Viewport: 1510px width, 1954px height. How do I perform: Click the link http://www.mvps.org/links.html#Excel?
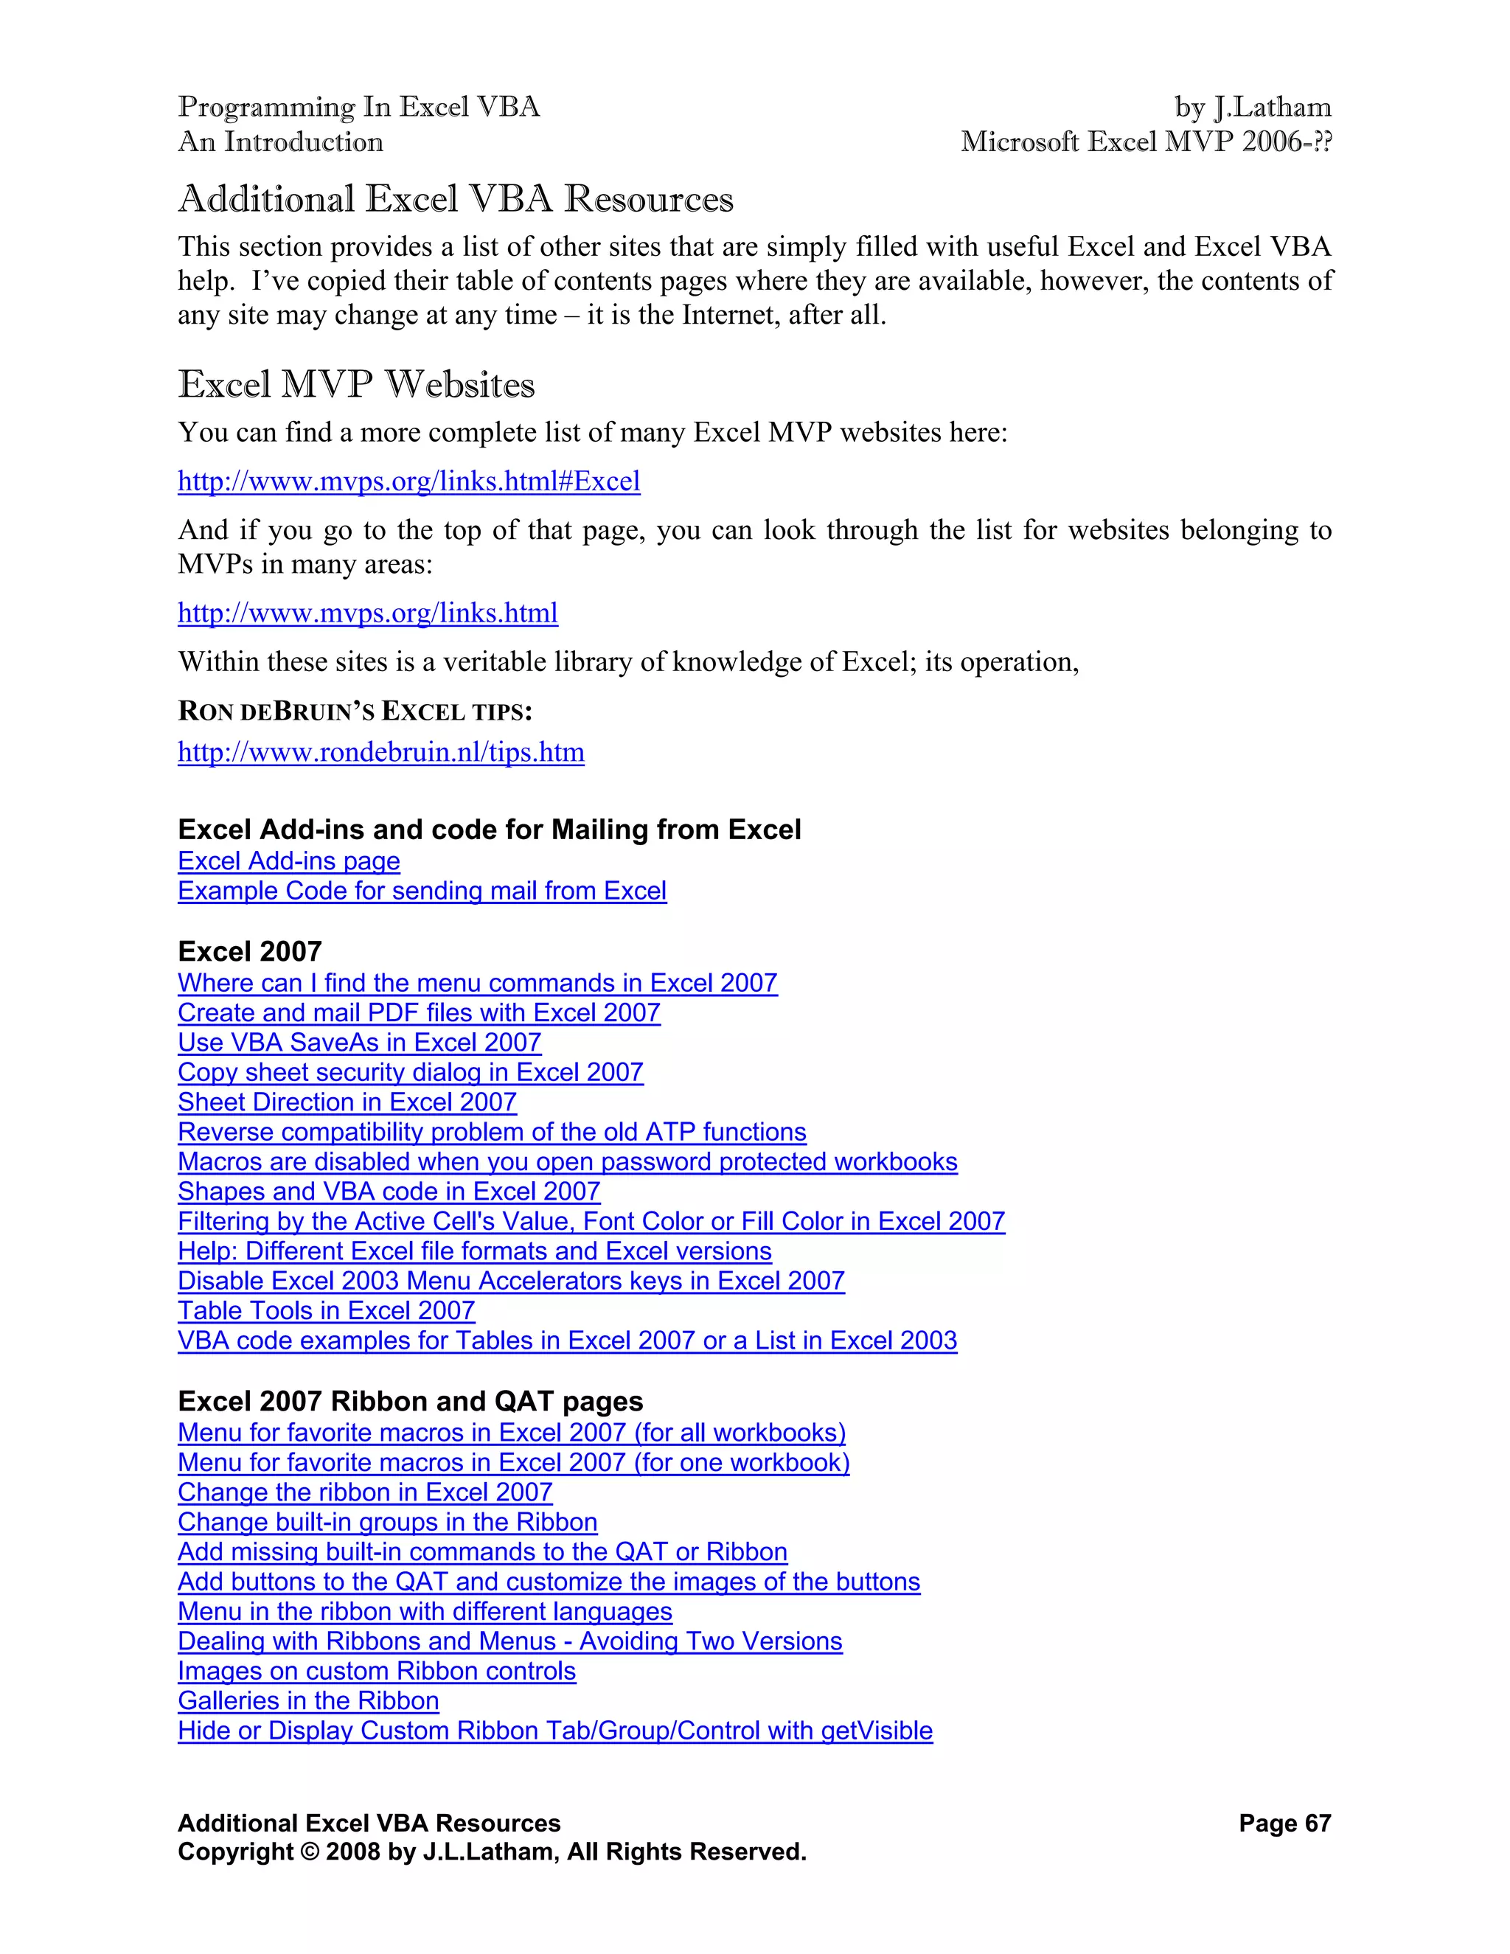(x=408, y=481)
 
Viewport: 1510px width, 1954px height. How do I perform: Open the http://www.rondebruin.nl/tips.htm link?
(x=381, y=751)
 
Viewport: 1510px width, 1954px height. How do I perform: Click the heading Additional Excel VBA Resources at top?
(x=456, y=198)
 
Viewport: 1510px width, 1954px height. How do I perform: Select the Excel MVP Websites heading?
(x=356, y=385)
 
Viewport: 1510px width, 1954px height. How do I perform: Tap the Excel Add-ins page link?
(x=289, y=860)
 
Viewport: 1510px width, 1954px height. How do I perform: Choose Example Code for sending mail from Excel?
(x=422, y=891)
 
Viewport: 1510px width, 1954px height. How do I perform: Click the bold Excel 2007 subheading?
(x=250, y=951)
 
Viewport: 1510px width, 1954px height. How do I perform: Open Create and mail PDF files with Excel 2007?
(x=419, y=1013)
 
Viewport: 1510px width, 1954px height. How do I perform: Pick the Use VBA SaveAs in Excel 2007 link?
(x=360, y=1043)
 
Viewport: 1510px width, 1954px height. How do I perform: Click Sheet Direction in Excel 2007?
(x=347, y=1102)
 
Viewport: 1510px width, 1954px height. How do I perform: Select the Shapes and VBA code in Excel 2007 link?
(x=389, y=1192)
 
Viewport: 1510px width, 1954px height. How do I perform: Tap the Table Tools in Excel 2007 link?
(x=327, y=1311)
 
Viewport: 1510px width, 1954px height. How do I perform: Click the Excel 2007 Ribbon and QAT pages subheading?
(x=411, y=1401)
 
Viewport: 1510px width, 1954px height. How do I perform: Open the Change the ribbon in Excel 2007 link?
(x=365, y=1492)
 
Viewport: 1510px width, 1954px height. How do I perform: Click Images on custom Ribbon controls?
(x=377, y=1672)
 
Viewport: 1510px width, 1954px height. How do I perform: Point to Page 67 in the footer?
(x=1284, y=1823)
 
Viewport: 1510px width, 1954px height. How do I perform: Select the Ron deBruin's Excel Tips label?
(x=355, y=712)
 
